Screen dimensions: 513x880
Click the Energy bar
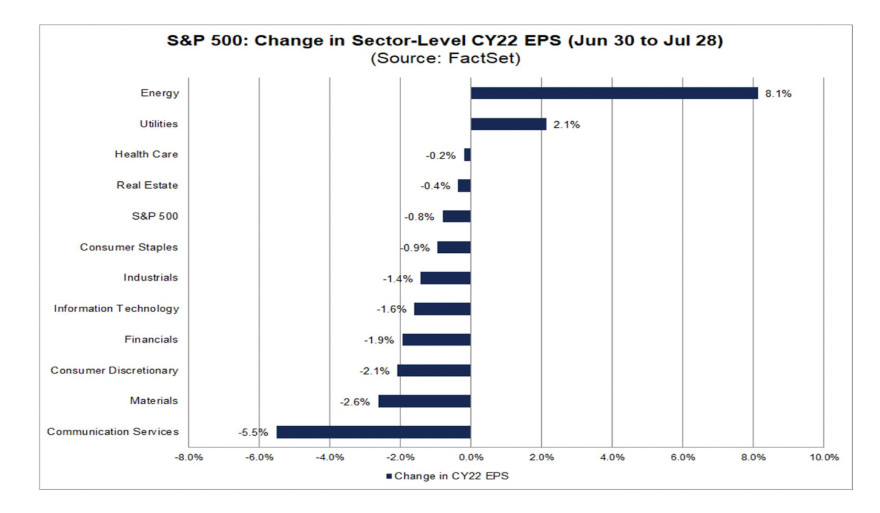tap(613, 93)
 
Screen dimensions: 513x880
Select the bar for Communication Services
tap(373, 432)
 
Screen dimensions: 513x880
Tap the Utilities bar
tap(508, 124)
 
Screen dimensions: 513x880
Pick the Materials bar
tap(424, 401)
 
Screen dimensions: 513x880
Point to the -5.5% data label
tap(253, 432)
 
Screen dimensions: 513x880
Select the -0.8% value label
tap(419, 217)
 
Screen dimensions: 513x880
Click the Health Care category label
tap(147, 155)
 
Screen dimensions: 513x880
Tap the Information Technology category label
tap(116, 309)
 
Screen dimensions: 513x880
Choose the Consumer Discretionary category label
tap(114, 370)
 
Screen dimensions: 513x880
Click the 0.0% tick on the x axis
tap(470, 457)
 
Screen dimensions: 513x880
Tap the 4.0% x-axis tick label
tap(612, 457)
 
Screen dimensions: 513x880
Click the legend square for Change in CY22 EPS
tap(389, 476)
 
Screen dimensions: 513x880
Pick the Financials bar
tap(436, 340)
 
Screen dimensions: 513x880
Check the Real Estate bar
tap(464, 185)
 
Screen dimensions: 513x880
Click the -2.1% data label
tap(374, 371)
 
